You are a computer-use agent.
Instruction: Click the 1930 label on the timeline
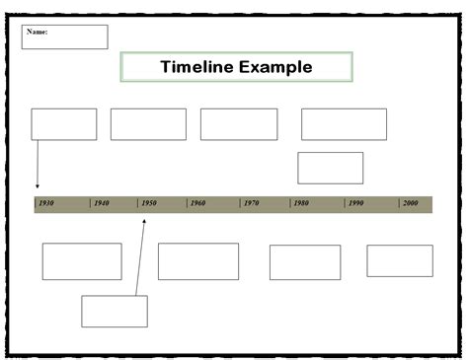tap(46, 203)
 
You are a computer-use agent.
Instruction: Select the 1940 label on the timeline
tap(101, 203)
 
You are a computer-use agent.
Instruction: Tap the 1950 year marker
tap(148, 203)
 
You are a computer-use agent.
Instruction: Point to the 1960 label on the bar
tap(197, 203)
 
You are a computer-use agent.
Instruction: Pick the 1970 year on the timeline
tap(251, 203)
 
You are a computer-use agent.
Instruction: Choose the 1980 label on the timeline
tap(300, 203)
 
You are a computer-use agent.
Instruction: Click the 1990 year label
tap(355, 203)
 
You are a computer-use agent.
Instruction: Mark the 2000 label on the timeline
tap(410, 203)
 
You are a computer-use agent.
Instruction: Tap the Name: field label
tap(38, 32)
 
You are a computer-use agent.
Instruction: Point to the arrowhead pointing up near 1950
tap(144, 221)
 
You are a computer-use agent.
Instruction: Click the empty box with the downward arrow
tap(64, 124)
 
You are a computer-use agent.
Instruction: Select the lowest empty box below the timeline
tap(115, 311)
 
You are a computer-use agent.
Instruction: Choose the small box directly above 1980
tap(330, 168)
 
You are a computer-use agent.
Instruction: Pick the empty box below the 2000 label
tap(400, 260)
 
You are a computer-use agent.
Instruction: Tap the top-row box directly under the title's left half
tap(148, 124)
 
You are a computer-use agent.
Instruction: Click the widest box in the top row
tap(344, 124)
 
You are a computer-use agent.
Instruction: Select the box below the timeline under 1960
tap(198, 261)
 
